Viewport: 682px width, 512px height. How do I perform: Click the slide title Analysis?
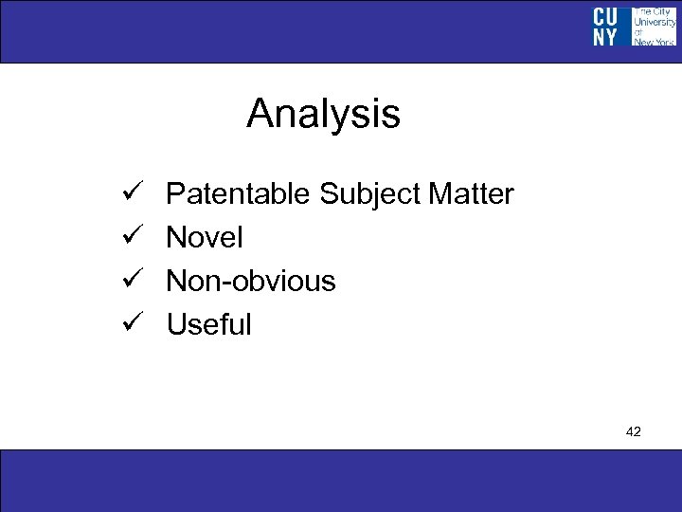[x=323, y=115]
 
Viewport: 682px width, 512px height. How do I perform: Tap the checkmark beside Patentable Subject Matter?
[x=132, y=194]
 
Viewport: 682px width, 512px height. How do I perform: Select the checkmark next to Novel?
[x=132, y=237]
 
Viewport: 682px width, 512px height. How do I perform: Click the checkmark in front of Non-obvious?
[x=132, y=281]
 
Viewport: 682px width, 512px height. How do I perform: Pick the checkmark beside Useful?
[x=132, y=324]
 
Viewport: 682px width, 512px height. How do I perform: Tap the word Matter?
[x=471, y=194]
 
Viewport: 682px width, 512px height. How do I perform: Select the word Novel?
[x=205, y=237]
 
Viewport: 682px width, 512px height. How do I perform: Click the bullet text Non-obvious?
[x=251, y=281]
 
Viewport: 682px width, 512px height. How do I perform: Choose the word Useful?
[x=209, y=324]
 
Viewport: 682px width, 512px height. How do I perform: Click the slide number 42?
[x=634, y=431]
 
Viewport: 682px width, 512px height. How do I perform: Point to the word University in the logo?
[x=654, y=22]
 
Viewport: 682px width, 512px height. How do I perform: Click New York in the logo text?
[x=654, y=42]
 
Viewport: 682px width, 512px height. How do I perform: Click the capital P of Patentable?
[x=174, y=194]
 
